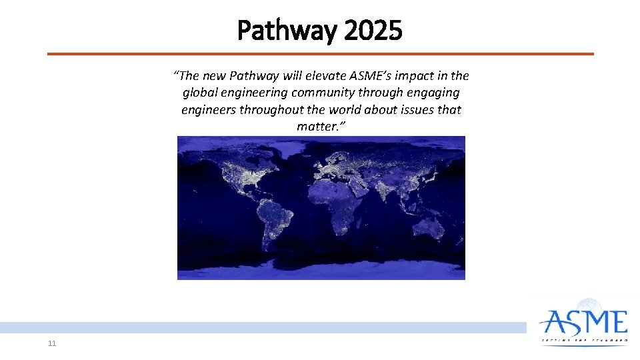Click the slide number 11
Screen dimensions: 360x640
pyautogui.click(x=52, y=343)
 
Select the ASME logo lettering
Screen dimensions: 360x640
pyautogui.click(x=584, y=322)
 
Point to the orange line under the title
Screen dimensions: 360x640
pyautogui.click(x=320, y=54)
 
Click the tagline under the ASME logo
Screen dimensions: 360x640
pyautogui.click(x=584, y=340)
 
